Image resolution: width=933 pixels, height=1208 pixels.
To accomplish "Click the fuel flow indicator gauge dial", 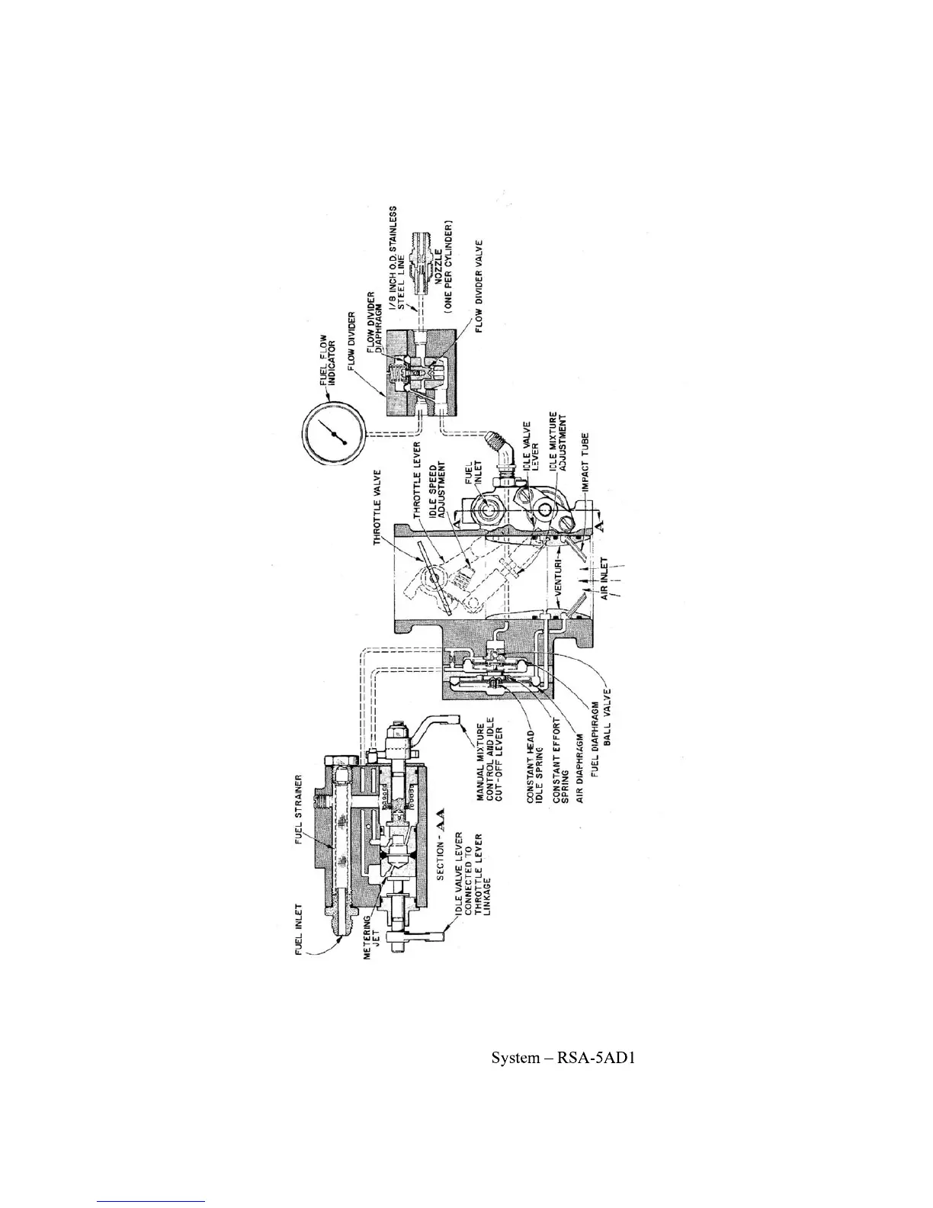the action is [335, 434].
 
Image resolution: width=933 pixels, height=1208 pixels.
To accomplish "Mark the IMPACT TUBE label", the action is [587, 463].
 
